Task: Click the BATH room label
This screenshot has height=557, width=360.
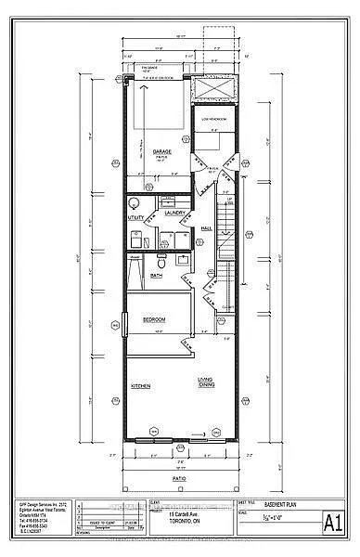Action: pyautogui.click(x=157, y=275)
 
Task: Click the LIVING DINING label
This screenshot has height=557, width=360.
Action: pyautogui.click(x=207, y=382)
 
